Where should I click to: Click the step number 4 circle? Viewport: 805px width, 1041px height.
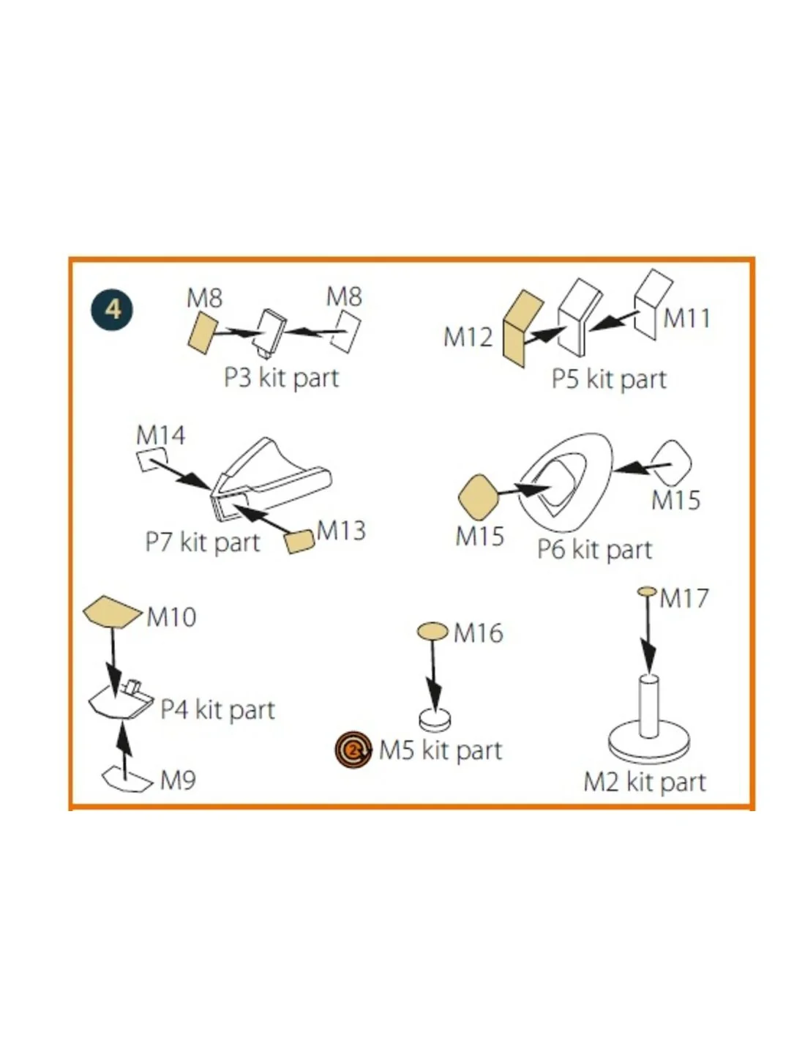pyautogui.click(x=112, y=309)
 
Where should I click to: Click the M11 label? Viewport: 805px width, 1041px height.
pyautogui.click(x=686, y=318)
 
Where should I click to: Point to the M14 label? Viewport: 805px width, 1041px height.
pyautogui.click(x=160, y=436)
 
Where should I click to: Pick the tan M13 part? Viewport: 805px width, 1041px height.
pyautogui.click(x=299, y=541)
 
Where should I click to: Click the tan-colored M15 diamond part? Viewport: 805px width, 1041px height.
pyautogui.click(x=478, y=497)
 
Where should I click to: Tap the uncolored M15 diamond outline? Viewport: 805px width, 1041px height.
pyautogui.click(x=672, y=463)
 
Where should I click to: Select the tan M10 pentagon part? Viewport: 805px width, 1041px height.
pyautogui.click(x=113, y=612)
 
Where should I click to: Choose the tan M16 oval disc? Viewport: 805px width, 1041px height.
pyautogui.click(x=433, y=631)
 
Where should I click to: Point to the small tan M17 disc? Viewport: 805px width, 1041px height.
pyautogui.click(x=646, y=592)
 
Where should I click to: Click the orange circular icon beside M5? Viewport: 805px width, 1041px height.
pyautogui.click(x=353, y=749)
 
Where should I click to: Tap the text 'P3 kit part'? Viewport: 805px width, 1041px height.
pyautogui.click(x=282, y=378)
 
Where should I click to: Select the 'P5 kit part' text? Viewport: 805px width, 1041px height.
pyautogui.click(x=609, y=379)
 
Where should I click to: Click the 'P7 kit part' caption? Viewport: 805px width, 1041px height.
pyautogui.click(x=203, y=542)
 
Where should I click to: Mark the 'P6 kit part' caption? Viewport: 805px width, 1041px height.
pyautogui.click(x=595, y=550)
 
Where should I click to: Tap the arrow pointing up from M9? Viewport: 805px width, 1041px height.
pyautogui.click(x=124, y=751)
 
